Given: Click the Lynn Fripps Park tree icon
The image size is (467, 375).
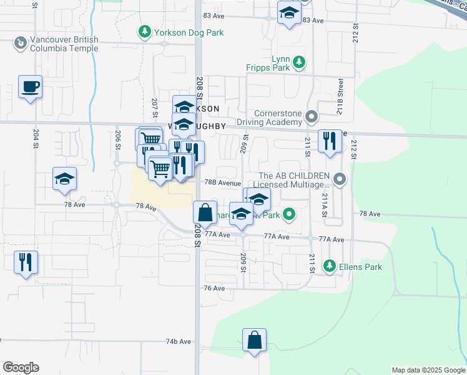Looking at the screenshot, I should [x=300, y=61].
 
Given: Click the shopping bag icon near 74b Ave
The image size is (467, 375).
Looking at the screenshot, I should [x=255, y=341].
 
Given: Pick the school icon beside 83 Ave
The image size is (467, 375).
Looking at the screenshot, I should [x=289, y=14].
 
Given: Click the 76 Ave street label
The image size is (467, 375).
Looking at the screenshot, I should [x=214, y=288].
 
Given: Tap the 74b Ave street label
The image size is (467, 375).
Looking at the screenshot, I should [x=177, y=342].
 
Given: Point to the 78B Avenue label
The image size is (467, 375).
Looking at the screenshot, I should [x=223, y=183].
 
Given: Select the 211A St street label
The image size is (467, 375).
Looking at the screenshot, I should [x=325, y=204].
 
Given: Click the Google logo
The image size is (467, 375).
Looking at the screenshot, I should [x=21, y=367].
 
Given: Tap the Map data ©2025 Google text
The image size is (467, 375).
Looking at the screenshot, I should [x=428, y=370].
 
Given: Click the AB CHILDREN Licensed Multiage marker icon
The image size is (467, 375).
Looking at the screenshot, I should [x=340, y=180].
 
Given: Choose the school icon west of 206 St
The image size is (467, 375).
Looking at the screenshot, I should [x=64, y=179].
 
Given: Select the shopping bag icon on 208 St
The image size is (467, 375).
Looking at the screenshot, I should [x=205, y=213].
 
